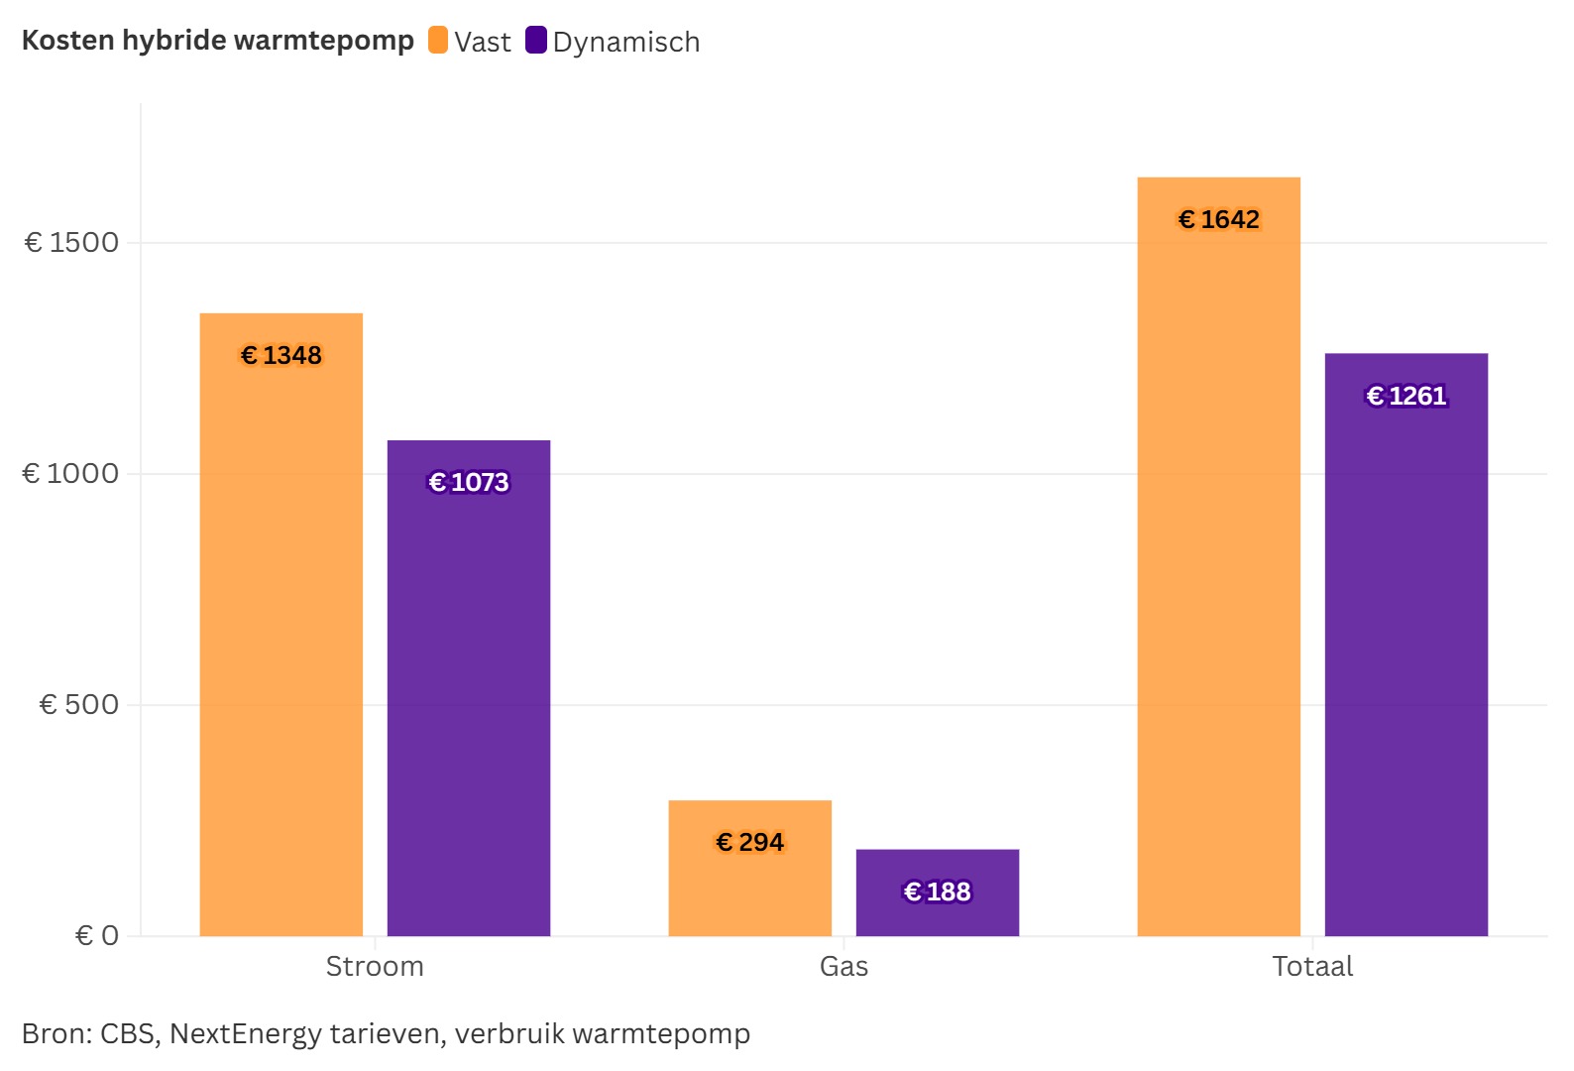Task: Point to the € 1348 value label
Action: click(281, 355)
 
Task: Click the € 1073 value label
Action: click(469, 482)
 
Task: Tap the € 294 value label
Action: click(750, 842)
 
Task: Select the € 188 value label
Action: click(938, 892)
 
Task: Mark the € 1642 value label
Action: click(1219, 219)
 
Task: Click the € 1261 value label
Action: click(1406, 396)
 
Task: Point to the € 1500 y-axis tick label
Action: click(71, 242)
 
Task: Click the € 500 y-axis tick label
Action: click(78, 704)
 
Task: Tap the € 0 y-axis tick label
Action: click(96, 935)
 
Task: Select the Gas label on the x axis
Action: click(843, 966)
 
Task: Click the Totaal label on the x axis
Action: click(1312, 966)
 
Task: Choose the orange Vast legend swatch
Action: click(438, 41)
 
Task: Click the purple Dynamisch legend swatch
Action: click(536, 41)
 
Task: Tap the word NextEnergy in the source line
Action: click(245, 1033)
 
